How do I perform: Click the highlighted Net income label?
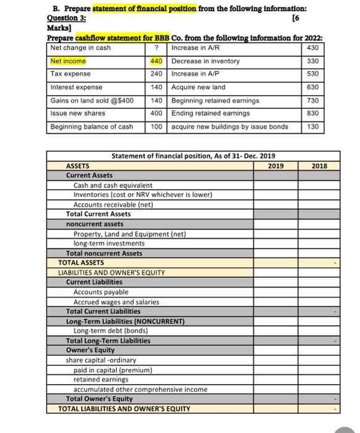point(68,61)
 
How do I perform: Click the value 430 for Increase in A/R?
point(312,48)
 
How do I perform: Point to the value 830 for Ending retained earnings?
point(312,113)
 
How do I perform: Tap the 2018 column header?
point(319,166)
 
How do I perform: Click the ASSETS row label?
point(78,166)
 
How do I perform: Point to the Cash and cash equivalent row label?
point(113,185)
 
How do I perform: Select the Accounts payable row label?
point(101,292)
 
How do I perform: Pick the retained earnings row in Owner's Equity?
point(101,379)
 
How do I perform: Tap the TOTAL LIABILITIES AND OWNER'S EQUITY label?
point(124,409)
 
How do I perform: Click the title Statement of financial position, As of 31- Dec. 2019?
point(193,156)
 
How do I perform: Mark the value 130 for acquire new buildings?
point(312,127)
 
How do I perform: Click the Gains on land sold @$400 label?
point(92,100)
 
